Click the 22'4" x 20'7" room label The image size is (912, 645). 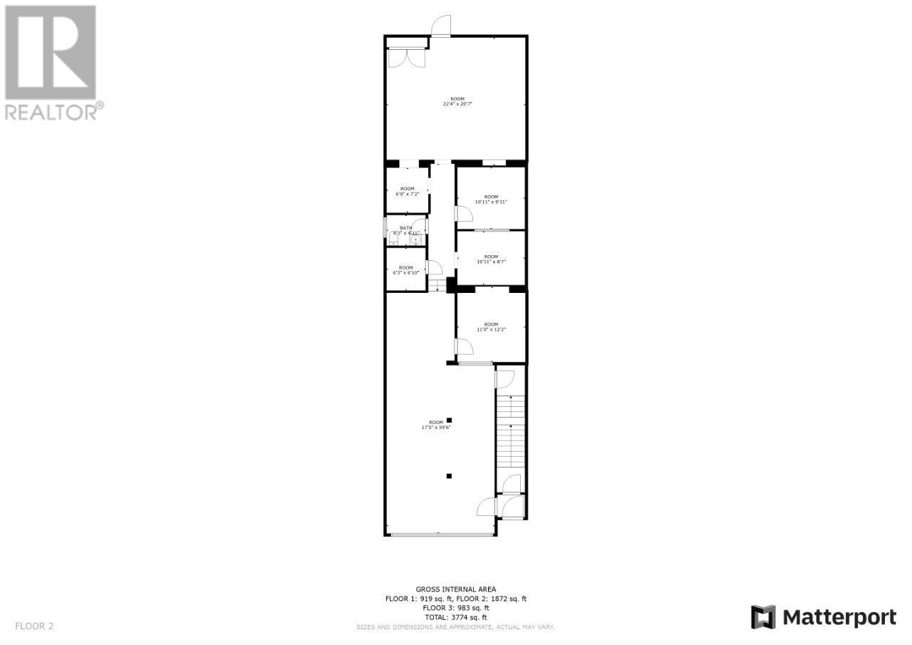point(457,101)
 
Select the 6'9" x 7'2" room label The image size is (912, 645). point(407,191)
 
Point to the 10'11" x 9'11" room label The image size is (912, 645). point(491,199)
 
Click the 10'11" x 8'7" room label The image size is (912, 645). point(491,259)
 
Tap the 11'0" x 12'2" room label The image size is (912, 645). point(491,326)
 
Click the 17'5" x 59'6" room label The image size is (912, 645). point(435,425)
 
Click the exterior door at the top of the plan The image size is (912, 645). point(441,26)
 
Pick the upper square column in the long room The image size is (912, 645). point(449,420)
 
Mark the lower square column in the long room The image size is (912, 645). point(449,475)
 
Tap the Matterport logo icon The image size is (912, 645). point(763,616)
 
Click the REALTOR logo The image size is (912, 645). point(51,62)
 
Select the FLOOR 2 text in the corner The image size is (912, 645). point(34,626)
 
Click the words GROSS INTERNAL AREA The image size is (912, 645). point(456,589)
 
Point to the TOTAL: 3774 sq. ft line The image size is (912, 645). point(456,617)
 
